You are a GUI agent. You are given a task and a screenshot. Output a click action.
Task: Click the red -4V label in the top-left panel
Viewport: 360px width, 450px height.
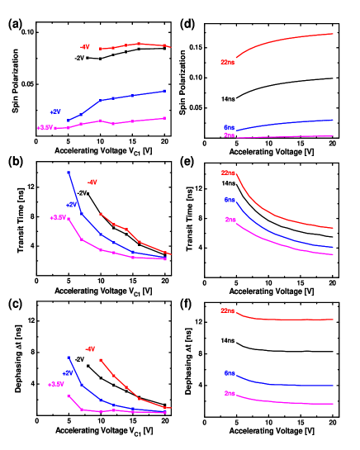84,47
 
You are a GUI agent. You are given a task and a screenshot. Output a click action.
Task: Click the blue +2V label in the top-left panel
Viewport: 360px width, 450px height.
55,111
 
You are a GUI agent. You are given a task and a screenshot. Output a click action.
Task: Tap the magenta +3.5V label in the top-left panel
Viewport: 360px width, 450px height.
45,128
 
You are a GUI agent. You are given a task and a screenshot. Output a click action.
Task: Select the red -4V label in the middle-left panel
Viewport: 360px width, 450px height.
92,182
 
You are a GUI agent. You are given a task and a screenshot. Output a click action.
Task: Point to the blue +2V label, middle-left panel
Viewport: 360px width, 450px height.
72,204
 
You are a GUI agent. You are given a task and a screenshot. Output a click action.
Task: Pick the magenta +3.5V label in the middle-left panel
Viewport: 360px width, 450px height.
57,218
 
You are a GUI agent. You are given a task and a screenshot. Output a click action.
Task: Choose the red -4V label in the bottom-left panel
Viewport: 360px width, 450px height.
90,348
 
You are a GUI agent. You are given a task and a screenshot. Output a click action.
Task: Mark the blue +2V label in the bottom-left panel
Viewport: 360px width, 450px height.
68,373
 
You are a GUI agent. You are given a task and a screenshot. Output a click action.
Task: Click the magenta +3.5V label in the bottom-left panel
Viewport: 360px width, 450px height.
55,385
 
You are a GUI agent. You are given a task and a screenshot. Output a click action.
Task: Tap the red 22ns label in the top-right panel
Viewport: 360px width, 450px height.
227,62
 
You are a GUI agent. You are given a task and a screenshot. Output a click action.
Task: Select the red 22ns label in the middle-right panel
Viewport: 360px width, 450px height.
229,173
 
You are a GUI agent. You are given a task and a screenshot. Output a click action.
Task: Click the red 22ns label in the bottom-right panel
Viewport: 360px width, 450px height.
228,311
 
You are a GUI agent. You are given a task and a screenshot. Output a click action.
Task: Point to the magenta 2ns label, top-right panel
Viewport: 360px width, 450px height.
230,135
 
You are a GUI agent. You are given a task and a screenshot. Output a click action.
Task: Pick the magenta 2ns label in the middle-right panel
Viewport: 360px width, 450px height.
231,220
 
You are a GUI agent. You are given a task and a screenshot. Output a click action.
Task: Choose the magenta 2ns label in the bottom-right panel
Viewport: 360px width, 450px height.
230,394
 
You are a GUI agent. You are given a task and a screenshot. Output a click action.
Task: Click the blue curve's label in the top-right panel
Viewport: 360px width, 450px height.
230,128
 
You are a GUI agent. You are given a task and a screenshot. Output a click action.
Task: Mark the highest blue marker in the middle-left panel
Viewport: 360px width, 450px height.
69,172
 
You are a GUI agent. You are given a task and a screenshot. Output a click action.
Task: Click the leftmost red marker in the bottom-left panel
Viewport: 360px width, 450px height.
101,360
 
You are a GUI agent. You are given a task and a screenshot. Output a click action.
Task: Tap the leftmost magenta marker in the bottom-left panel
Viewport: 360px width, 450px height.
69,396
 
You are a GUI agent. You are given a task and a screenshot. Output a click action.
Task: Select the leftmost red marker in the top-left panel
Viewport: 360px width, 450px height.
101,49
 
